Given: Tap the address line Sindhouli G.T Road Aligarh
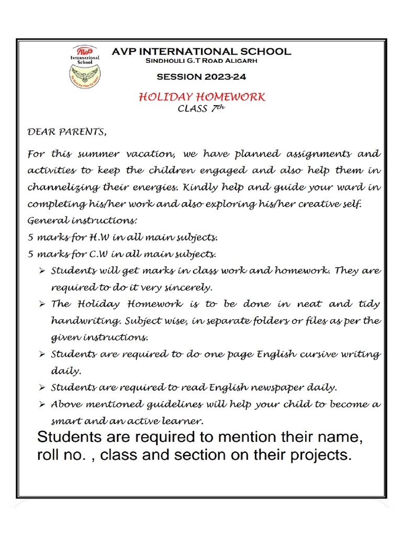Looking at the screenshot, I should coord(201,61).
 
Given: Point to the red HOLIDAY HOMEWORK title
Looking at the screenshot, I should coord(202,97).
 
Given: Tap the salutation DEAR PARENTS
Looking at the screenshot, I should coord(66,132).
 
